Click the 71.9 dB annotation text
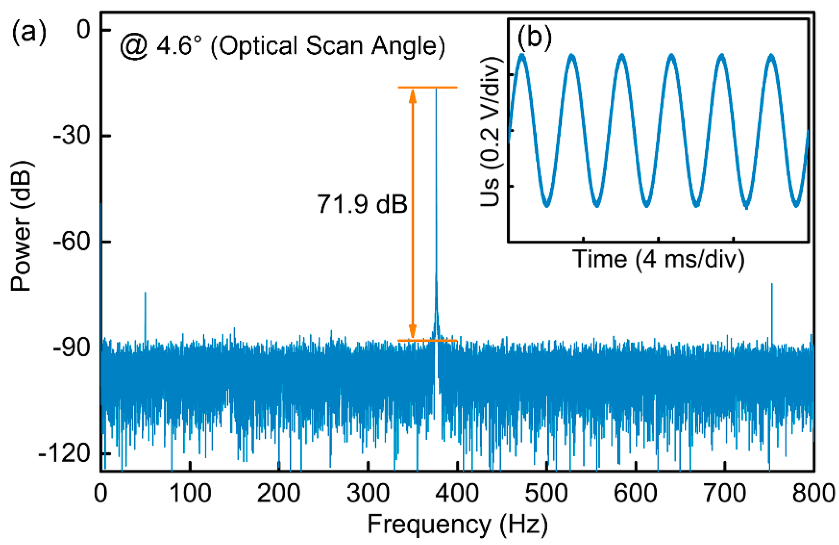pos(362,204)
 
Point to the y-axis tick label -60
pos(70,242)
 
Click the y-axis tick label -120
pos(64,453)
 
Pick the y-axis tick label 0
pos(84,30)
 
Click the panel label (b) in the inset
pos(534,37)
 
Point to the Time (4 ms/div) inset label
pos(658,259)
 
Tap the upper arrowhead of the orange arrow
pos(412,95)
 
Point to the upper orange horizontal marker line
pos(427,87)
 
